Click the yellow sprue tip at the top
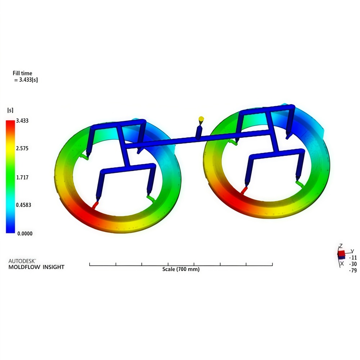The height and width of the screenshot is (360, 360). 201,119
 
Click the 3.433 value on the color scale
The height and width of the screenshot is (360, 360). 22,121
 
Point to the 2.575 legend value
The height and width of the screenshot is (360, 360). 22,148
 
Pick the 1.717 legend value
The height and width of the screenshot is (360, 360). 22,177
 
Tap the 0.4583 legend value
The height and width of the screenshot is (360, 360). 23,205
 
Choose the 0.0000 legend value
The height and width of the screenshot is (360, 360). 25,234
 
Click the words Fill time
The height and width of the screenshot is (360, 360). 22,73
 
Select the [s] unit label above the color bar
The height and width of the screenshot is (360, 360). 10,110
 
